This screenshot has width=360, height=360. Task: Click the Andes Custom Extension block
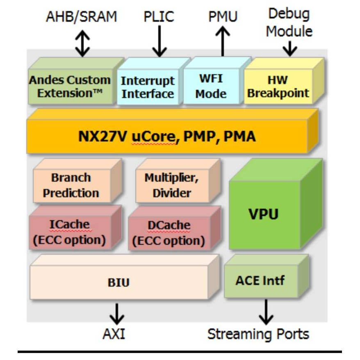(70, 87)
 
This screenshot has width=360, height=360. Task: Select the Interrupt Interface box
(147, 87)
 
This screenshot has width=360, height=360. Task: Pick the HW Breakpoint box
(278, 87)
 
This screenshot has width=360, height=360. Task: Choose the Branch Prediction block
(71, 185)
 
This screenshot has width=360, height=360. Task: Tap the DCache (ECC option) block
(169, 233)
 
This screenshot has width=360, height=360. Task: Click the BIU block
(118, 282)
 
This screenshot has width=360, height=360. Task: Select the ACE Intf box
(260, 280)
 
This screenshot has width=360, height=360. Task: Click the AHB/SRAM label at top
(81, 17)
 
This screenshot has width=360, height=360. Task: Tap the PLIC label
(159, 17)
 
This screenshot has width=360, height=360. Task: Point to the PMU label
(223, 17)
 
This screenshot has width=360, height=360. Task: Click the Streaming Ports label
(258, 334)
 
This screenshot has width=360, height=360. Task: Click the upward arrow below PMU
(223, 41)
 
